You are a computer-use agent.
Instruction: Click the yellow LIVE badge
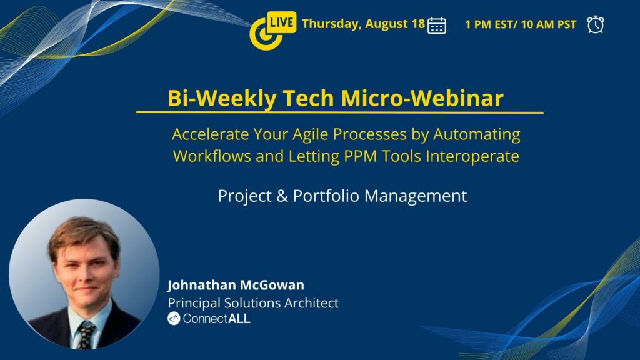click(281, 22)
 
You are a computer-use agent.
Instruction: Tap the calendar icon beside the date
click(436, 25)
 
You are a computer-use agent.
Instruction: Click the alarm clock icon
click(596, 24)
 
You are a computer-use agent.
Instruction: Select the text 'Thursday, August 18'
click(363, 24)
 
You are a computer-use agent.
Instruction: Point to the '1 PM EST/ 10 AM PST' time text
click(521, 24)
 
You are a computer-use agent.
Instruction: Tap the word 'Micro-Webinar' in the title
click(422, 98)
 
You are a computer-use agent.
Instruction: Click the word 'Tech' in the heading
click(309, 98)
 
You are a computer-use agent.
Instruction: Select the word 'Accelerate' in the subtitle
click(210, 134)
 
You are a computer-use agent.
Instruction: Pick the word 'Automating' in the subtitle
click(476, 134)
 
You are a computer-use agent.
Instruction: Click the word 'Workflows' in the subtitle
click(212, 156)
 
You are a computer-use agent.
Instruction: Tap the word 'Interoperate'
click(472, 156)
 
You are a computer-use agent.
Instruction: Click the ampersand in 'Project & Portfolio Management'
click(282, 196)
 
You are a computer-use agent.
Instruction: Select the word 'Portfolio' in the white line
click(326, 196)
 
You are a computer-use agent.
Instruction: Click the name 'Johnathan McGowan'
click(236, 285)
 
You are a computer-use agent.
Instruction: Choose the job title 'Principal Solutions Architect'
click(253, 303)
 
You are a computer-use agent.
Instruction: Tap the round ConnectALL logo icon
click(174, 318)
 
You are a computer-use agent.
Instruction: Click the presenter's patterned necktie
click(86, 335)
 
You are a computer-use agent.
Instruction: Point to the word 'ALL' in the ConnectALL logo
click(239, 319)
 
